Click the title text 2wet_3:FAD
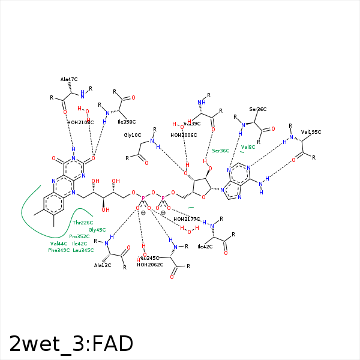click(71, 343)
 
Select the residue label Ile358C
click(127, 121)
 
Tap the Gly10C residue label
click(133, 135)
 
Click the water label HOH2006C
click(184, 135)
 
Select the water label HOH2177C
click(187, 219)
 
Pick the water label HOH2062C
click(150, 265)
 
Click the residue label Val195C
click(311, 131)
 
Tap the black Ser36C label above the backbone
click(258, 109)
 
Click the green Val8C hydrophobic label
click(248, 146)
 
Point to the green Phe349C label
click(59, 250)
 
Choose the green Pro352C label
click(80, 236)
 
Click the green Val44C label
click(59, 244)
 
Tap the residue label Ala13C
click(103, 265)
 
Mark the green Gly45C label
click(97, 230)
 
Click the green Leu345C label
click(83, 250)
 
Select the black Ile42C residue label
click(205, 247)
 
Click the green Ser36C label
click(221, 151)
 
